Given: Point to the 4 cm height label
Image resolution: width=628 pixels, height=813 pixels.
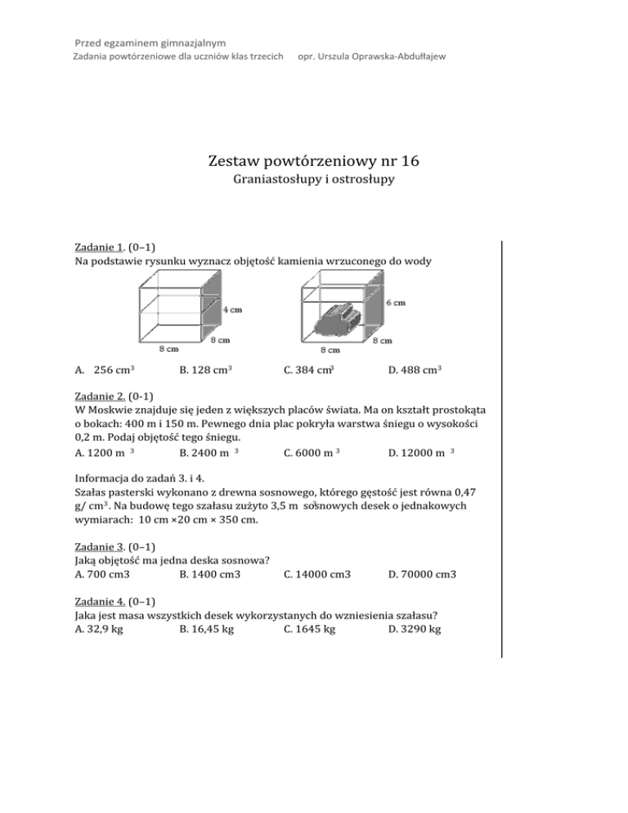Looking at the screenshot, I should [232, 310].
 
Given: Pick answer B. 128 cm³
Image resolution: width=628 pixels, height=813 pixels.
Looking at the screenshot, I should [205, 371].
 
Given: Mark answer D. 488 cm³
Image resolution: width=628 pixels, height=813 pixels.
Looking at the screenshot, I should [416, 371].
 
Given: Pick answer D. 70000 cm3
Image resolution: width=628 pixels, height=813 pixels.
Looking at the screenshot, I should [423, 574].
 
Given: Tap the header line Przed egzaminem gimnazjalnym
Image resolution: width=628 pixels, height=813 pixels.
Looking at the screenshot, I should [150, 42].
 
